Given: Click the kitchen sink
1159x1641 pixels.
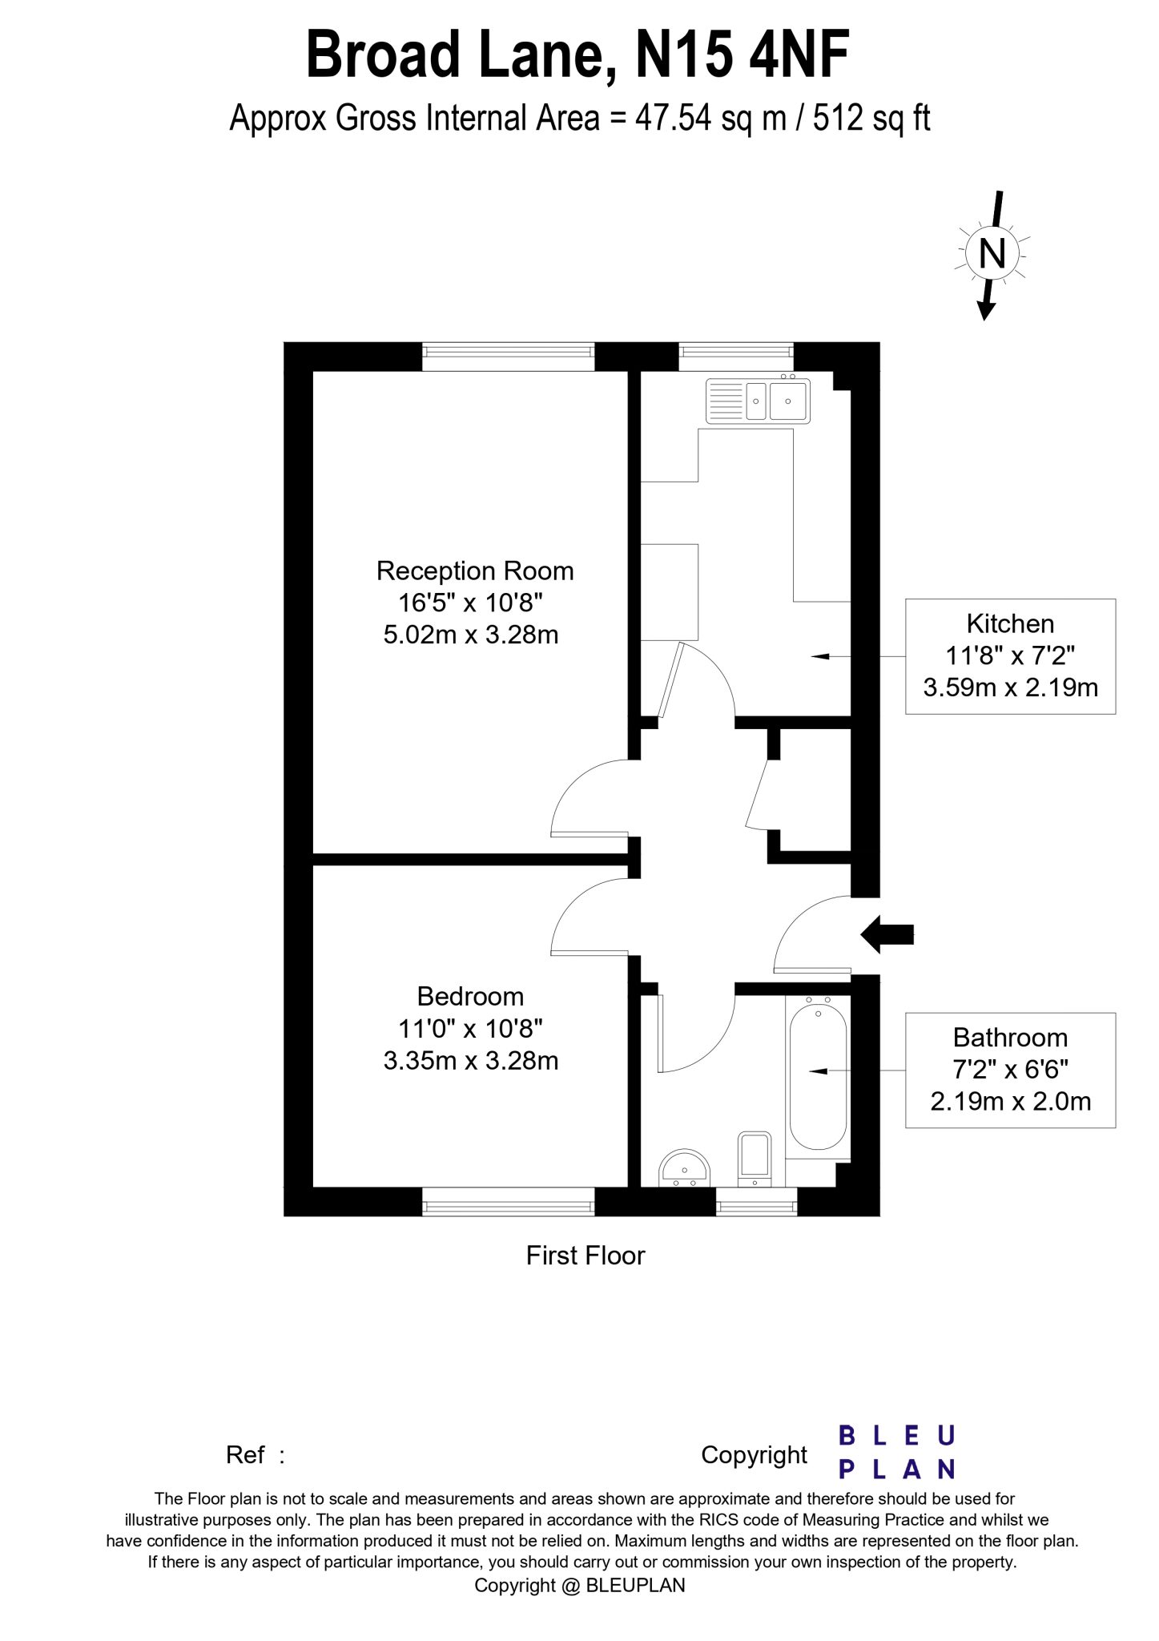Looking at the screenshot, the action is (x=758, y=401).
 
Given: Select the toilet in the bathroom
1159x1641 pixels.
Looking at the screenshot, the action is (x=754, y=1158).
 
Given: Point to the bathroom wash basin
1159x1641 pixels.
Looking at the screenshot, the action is (x=685, y=1169).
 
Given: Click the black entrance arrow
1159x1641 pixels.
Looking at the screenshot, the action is (x=887, y=933).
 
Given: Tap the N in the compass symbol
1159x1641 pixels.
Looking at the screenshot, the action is (x=992, y=254).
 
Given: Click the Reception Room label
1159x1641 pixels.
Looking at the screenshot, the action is (x=475, y=571).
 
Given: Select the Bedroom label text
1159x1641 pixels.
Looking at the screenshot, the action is (x=471, y=996).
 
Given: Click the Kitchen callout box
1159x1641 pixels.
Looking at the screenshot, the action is (x=1010, y=655).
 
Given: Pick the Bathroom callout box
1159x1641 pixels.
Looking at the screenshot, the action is (x=1010, y=1070).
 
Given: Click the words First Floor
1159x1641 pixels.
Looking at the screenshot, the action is (x=586, y=1255).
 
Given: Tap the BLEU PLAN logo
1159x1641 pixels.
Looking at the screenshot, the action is (x=897, y=1452).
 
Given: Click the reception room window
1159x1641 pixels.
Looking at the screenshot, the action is (x=509, y=357).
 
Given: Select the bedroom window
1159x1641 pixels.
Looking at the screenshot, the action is (x=509, y=1201).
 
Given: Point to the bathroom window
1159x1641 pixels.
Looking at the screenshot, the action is (x=756, y=1201).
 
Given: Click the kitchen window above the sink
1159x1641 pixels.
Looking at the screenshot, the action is (x=736, y=357).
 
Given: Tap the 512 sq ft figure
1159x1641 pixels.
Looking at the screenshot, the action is (x=871, y=119).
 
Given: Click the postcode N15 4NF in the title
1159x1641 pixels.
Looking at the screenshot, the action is (x=742, y=54).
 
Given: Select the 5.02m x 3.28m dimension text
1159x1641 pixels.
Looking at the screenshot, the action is (x=471, y=635).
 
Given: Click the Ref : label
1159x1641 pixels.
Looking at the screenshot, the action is (x=256, y=1454).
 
